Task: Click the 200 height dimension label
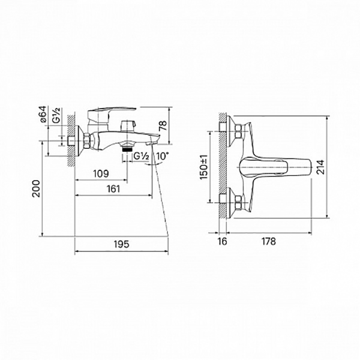pos(36,189)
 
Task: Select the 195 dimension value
pos(122,244)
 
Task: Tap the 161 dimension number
pos(113,189)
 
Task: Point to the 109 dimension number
pos(101,173)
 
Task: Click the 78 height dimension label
pos(163,125)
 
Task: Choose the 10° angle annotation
pos(163,156)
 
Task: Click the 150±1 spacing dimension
pos(203,167)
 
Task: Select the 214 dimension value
pos(321,167)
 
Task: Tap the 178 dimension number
pos(268,241)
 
